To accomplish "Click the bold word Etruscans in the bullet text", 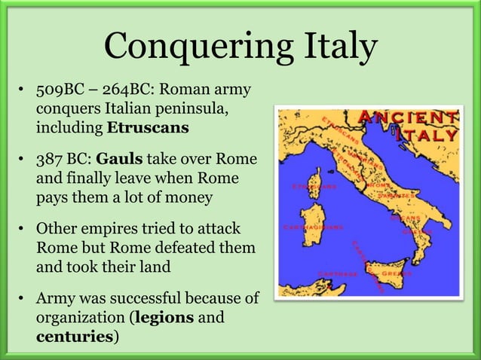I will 148,127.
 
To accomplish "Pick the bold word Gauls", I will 119,161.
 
